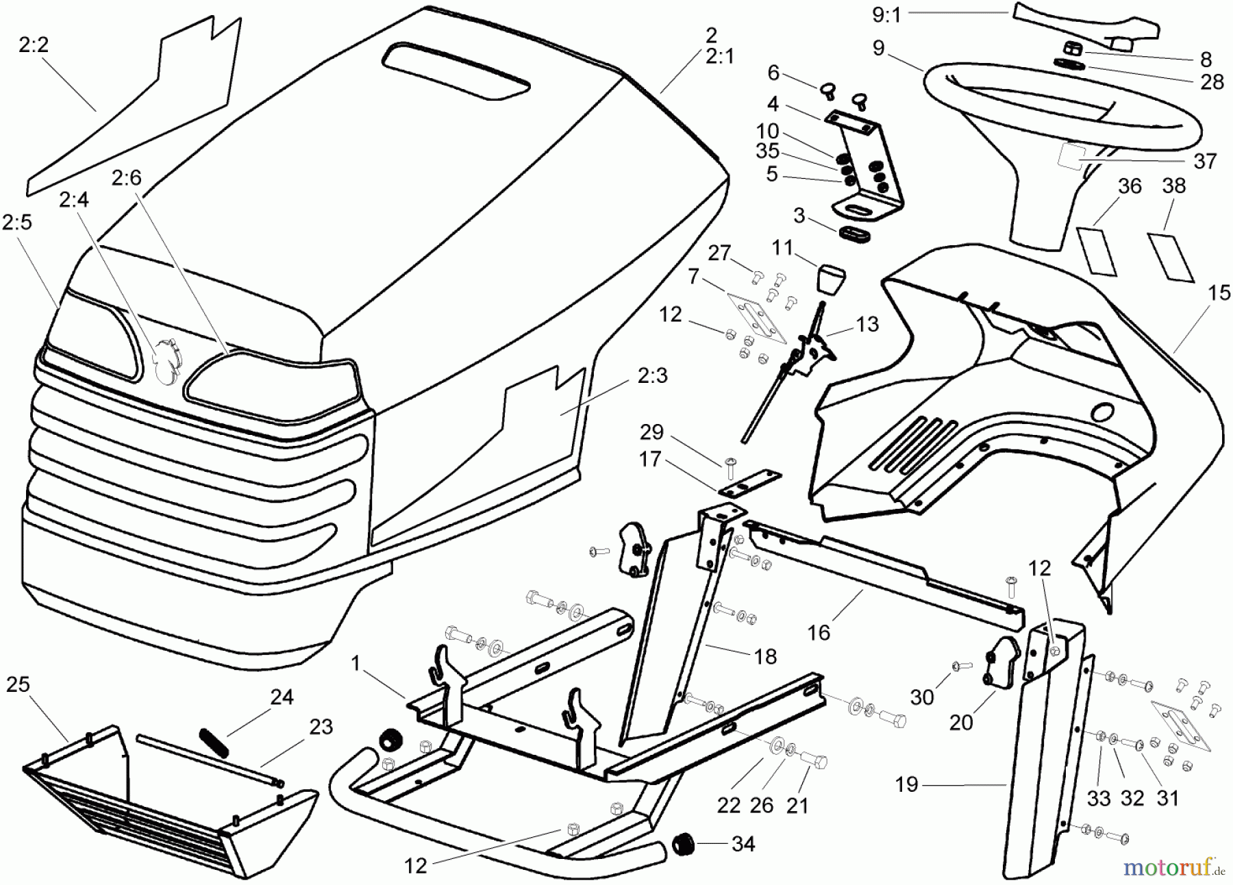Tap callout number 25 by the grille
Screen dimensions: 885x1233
18,684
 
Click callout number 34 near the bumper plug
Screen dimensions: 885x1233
743,844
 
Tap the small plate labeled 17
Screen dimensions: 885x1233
751,484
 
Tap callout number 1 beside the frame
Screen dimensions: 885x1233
356,663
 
